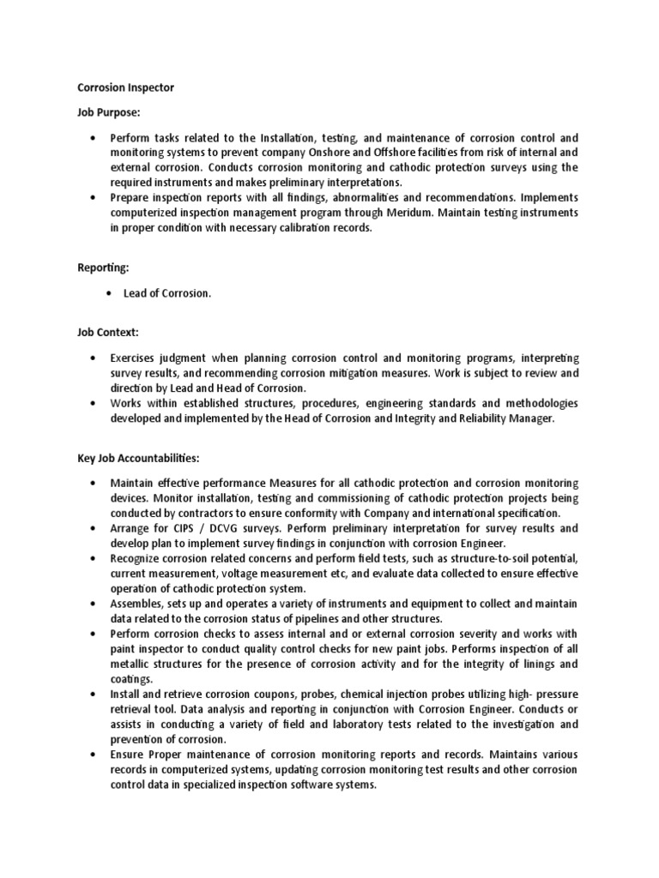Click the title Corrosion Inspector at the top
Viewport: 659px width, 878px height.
[x=126, y=87]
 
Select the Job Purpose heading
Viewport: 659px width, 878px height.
[x=108, y=112]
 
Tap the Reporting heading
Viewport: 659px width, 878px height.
[x=103, y=268]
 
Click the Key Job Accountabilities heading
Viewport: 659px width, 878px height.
[x=138, y=458]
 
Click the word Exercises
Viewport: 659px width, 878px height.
[x=137, y=356]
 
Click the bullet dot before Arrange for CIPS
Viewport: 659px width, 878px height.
[x=92, y=528]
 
